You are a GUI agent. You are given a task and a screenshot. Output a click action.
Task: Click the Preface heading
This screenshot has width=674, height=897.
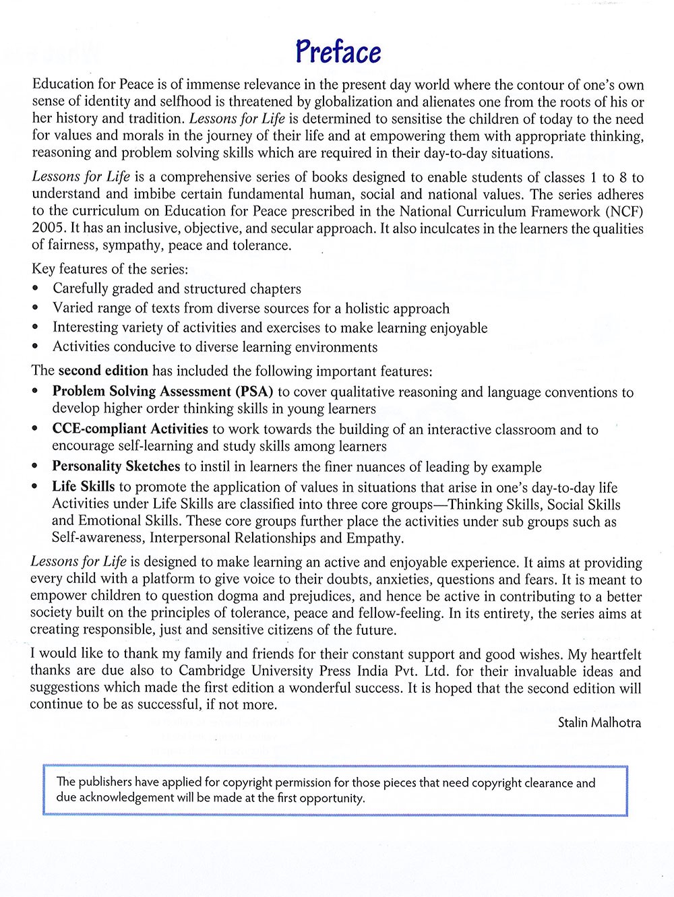338,52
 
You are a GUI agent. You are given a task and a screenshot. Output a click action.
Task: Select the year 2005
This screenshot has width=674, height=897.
47,228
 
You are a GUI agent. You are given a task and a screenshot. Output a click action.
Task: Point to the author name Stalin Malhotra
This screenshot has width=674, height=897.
599,723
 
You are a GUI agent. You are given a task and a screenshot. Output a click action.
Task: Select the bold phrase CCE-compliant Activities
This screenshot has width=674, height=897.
130,429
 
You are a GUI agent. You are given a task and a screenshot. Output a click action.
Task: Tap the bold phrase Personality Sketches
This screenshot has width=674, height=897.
116,466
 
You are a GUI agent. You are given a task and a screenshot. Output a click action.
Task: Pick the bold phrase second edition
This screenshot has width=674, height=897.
103,371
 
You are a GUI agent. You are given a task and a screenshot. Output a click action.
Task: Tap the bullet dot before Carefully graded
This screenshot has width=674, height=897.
36,289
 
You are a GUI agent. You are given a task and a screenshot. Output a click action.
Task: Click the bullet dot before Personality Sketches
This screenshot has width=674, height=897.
36,466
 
